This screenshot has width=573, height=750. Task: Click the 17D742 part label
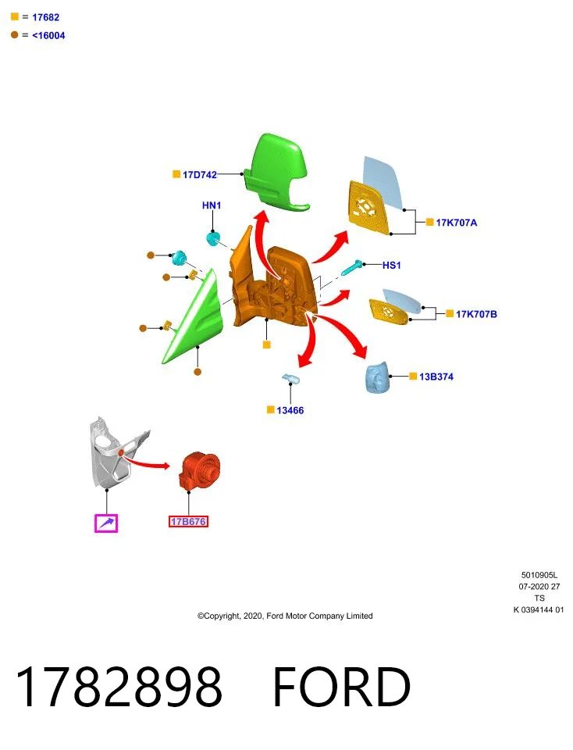pyautogui.click(x=200, y=175)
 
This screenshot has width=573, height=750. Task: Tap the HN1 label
pyautogui.click(x=212, y=205)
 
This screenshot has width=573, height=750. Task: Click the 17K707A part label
pyautogui.click(x=457, y=223)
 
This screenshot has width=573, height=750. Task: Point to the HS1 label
pyautogui.click(x=391, y=265)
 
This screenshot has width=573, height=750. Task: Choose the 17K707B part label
pyautogui.click(x=476, y=314)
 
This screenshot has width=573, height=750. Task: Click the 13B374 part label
pyautogui.click(x=436, y=377)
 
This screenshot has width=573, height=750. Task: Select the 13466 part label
pyautogui.click(x=290, y=410)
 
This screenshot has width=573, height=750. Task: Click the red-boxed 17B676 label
pyautogui.click(x=188, y=521)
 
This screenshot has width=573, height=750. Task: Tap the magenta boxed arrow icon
pyautogui.click(x=106, y=523)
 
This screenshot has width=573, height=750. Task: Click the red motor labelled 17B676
pyautogui.click(x=200, y=471)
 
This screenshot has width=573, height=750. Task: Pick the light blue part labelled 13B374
pyautogui.click(x=377, y=377)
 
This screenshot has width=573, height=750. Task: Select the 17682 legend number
pyautogui.click(x=46, y=17)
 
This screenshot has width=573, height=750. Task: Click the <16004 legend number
pyautogui.click(x=48, y=35)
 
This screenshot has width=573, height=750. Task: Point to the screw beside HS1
pyautogui.click(x=353, y=267)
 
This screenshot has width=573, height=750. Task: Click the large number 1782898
pyautogui.click(x=119, y=687)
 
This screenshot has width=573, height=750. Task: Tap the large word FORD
pyautogui.click(x=342, y=687)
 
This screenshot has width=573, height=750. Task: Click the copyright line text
pyautogui.click(x=285, y=616)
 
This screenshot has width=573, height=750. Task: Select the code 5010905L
pyautogui.click(x=539, y=576)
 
